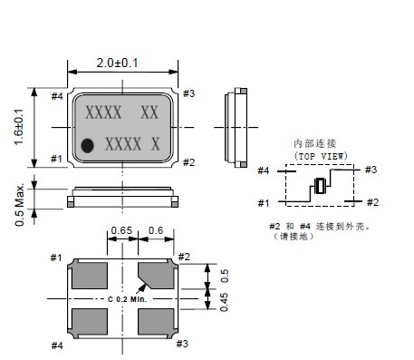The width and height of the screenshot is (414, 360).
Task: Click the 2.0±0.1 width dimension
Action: click(117, 63)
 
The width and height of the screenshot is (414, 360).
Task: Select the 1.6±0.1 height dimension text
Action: click(19, 127)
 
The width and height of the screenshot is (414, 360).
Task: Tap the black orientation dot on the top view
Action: click(88, 145)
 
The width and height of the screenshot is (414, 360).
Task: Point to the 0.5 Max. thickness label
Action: click(20, 205)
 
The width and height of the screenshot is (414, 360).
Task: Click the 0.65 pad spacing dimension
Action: click(121, 230)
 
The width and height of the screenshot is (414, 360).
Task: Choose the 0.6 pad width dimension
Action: click(156, 230)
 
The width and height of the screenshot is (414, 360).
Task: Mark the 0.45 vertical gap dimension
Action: click(224, 302)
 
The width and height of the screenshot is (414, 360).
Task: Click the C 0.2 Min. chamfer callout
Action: click(128, 299)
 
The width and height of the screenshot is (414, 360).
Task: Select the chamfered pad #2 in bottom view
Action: click(156, 275)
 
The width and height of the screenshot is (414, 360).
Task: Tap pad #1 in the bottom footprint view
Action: click(90, 275)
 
